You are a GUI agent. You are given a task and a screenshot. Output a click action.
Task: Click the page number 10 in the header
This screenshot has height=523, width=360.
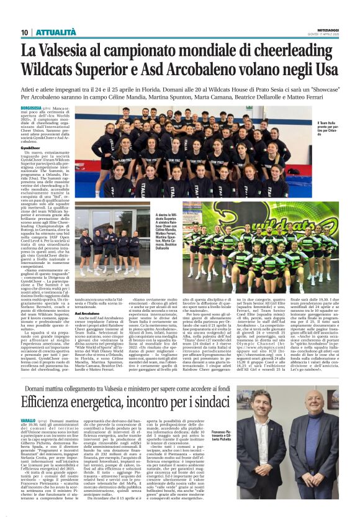tap(25, 32)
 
